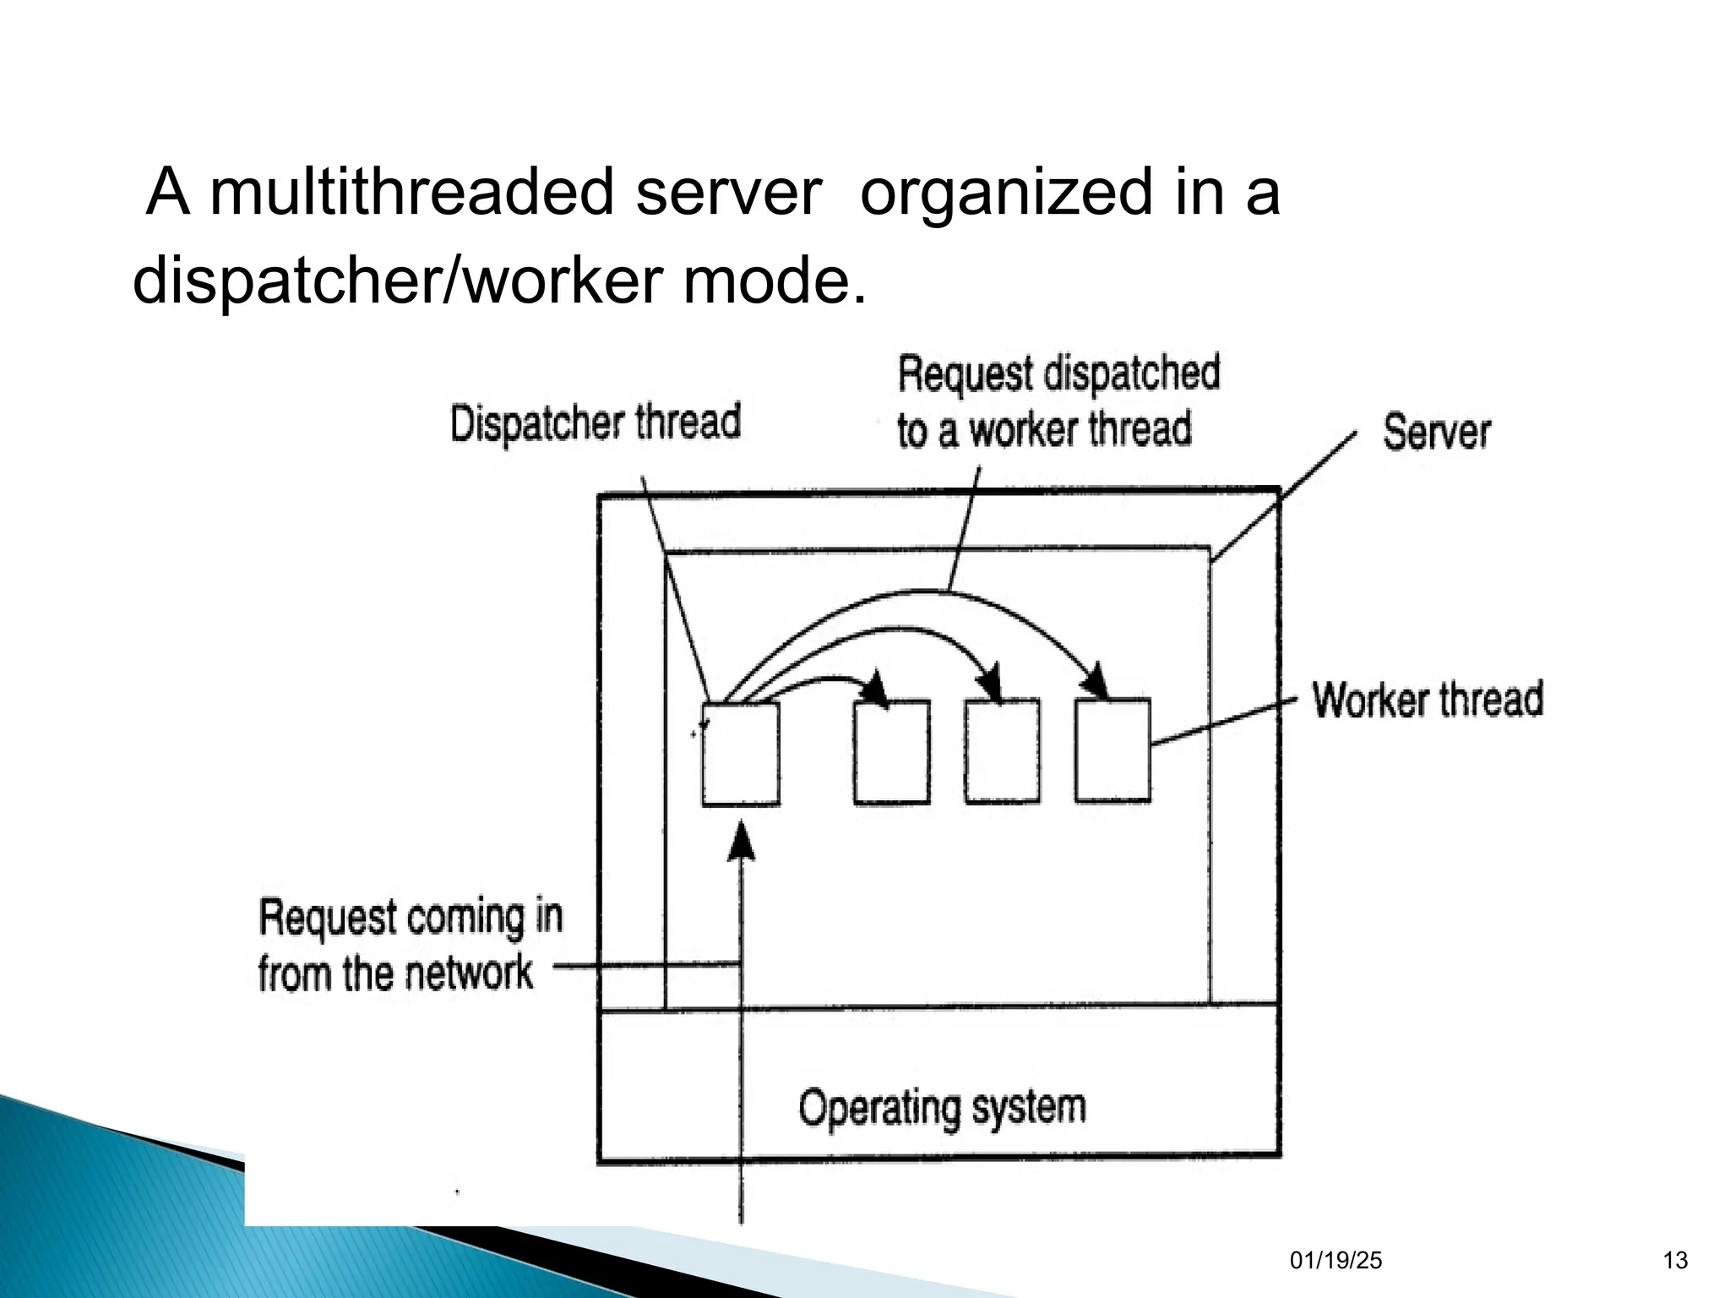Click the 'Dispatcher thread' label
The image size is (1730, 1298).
(596, 423)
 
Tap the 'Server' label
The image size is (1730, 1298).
(1436, 433)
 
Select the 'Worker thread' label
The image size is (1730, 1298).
(1428, 700)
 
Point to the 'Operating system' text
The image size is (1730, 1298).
(942, 1107)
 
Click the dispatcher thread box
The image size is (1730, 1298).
(741, 754)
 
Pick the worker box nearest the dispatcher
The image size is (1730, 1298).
(892, 752)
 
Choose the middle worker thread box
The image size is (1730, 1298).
(1003, 751)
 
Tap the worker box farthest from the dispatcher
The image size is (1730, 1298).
(1113, 750)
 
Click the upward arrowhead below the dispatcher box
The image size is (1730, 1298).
(742, 842)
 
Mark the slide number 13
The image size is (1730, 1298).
(1675, 1261)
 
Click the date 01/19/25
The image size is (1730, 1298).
(1336, 1261)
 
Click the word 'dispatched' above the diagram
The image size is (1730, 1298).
(1132, 374)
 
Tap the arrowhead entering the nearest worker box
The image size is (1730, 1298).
(879, 689)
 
